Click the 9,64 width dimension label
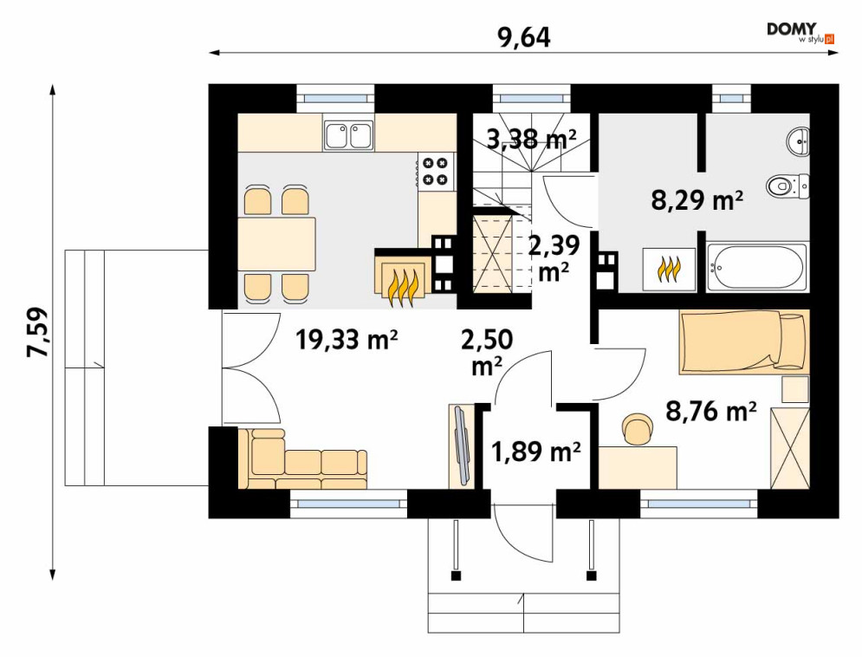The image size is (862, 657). coord(522,37)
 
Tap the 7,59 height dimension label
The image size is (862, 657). coord(38,332)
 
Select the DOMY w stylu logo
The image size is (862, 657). coord(801,33)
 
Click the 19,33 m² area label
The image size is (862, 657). coord(347,340)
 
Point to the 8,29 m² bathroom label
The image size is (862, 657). coord(697,200)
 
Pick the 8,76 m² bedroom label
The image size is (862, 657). coord(710,410)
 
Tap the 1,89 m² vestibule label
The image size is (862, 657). coord(535,452)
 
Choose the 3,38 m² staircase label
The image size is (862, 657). coord(532,139)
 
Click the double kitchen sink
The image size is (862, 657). coord(348,135)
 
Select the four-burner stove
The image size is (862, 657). coord(437,171)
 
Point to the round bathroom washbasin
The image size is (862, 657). coord(798,140)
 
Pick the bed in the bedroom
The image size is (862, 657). coord(744,342)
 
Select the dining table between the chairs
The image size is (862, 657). coord(277,244)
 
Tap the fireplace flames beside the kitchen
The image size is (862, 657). coord(403,288)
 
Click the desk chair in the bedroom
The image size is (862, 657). coord(638,428)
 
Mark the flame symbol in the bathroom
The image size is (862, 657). coord(669,270)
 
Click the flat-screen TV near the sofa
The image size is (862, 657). coord(461,446)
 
